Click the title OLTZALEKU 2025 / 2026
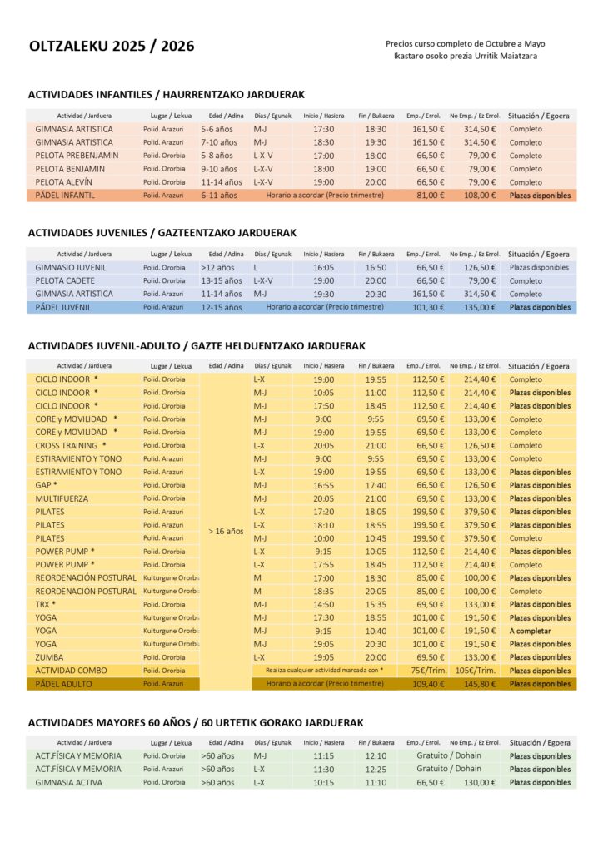pyautogui.click(x=112, y=47)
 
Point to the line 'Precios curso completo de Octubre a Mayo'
pyautogui.click(x=466, y=43)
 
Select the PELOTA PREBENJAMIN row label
pyautogui.click(x=77, y=156)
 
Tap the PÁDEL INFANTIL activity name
pyautogui.click(x=66, y=196)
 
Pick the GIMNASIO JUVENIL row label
pyautogui.click(x=71, y=268)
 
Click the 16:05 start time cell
pyautogui.click(x=323, y=268)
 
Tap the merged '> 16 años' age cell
pyautogui.click(x=226, y=532)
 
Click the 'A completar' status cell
pyautogui.click(x=531, y=631)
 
